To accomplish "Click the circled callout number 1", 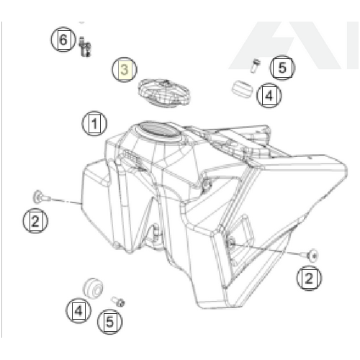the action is [x=94, y=123].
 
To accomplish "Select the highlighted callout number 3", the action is [x=125, y=70].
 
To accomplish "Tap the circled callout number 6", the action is [x=63, y=39].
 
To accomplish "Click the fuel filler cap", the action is [x=164, y=93].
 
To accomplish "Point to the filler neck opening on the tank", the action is [x=158, y=132].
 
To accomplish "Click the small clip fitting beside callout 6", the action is [x=85, y=47].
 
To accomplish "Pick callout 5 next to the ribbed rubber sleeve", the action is [x=282, y=68].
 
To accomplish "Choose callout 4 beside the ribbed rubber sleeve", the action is [x=269, y=95].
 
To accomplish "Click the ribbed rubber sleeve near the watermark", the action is [x=243, y=89].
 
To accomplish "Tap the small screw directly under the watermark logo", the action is [x=255, y=66].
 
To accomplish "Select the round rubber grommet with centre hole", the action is [x=94, y=288].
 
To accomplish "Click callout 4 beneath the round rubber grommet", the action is [x=78, y=310].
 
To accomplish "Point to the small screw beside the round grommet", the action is [x=118, y=301].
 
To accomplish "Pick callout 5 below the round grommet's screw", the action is [x=110, y=322].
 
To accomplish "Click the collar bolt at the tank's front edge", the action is [x=41, y=197].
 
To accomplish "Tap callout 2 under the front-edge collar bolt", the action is [x=35, y=221].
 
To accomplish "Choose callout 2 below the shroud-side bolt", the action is [x=309, y=278].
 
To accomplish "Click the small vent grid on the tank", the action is [x=131, y=157].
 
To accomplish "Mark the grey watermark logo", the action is [x=293, y=45].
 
